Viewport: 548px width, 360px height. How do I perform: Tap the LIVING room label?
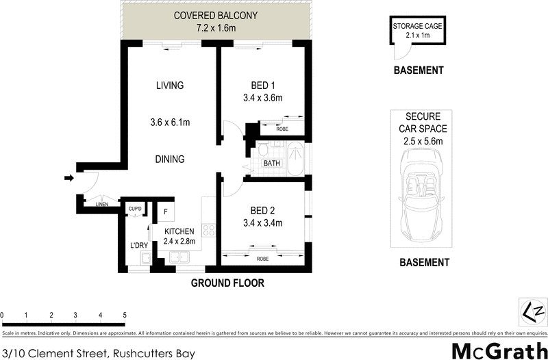pyautogui.click(x=170, y=86)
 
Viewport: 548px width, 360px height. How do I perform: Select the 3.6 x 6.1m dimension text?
pyautogui.click(x=170, y=123)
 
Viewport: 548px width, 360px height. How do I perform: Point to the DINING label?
pyautogui.click(x=170, y=159)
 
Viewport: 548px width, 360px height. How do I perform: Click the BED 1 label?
pyautogui.click(x=262, y=86)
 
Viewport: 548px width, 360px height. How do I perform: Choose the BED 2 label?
pyautogui.click(x=262, y=210)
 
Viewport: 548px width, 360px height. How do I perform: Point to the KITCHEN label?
pyautogui.click(x=179, y=231)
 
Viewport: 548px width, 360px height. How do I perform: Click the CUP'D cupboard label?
pyautogui.click(x=135, y=209)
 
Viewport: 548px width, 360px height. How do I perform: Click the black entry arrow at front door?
pyautogui.click(x=68, y=179)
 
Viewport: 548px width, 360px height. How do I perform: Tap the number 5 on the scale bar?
pyautogui.click(x=125, y=316)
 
